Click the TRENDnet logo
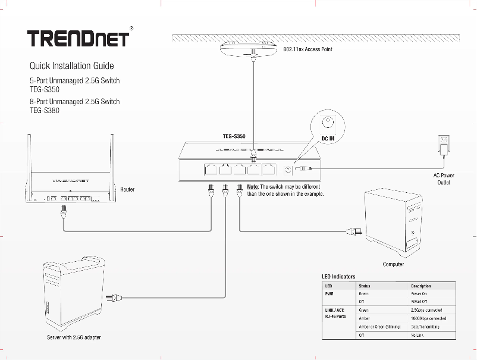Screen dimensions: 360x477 coord(77,37)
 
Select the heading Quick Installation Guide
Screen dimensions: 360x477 coord(71,65)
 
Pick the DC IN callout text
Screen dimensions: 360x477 coord(328,138)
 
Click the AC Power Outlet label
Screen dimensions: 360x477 coord(443,179)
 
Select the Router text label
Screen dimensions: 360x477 coord(127,189)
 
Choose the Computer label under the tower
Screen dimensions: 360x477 coord(393,264)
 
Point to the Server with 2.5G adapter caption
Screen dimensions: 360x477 coord(74,337)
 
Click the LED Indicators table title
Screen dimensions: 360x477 coord(338,277)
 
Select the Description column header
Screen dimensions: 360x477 coord(421,286)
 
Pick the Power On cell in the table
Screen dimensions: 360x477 coord(419,294)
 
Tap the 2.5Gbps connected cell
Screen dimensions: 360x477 coord(426,310)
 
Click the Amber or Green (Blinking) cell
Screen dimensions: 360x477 coord(379,327)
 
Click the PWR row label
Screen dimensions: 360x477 coord(329,294)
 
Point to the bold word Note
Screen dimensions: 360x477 coord(252,186)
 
